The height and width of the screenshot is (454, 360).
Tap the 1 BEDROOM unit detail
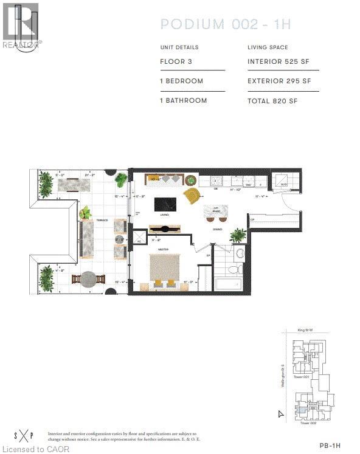(x=181, y=81)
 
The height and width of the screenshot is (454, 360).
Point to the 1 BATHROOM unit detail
(x=183, y=100)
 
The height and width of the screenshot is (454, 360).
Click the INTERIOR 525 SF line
(x=279, y=61)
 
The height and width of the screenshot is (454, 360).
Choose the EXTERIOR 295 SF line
(x=279, y=81)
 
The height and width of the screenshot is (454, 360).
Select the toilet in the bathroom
(x=240, y=254)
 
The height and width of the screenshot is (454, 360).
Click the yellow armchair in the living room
(x=192, y=196)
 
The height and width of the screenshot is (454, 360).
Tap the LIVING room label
(x=164, y=215)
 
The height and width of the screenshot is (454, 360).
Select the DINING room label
(x=217, y=229)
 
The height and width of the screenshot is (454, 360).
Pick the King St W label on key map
(x=304, y=331)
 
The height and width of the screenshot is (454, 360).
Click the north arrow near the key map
(x=280, y=414)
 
